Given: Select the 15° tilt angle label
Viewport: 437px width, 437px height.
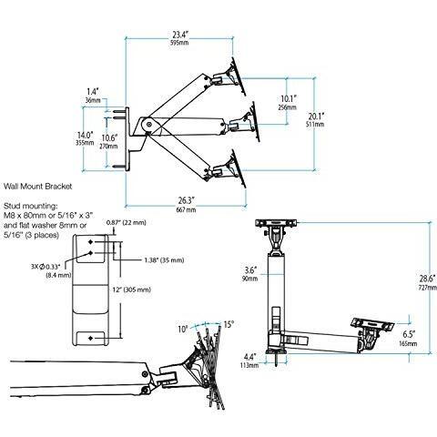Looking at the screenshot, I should pyautogui.click(x=227, y=324).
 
